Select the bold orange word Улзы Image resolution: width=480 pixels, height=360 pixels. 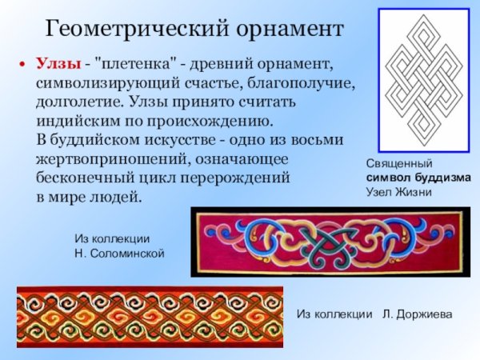tap(56, 63)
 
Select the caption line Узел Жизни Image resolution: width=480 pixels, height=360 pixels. tap(399, 192)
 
